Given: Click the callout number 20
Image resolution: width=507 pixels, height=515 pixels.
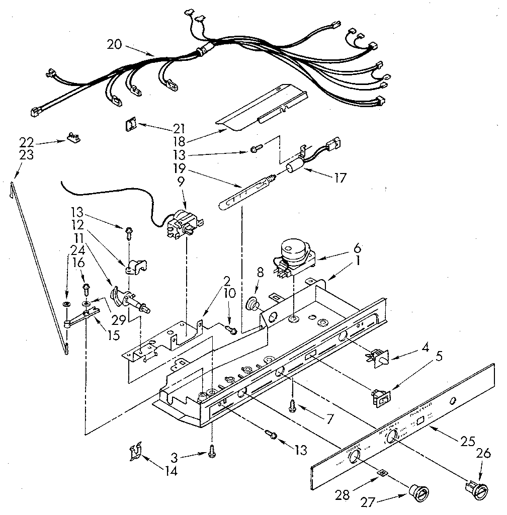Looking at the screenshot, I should [x=115, y=44].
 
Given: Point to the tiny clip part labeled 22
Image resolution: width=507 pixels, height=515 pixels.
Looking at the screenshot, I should [x=74, y=137].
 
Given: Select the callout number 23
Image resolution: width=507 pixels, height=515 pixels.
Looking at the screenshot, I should [x=26, y=155].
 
